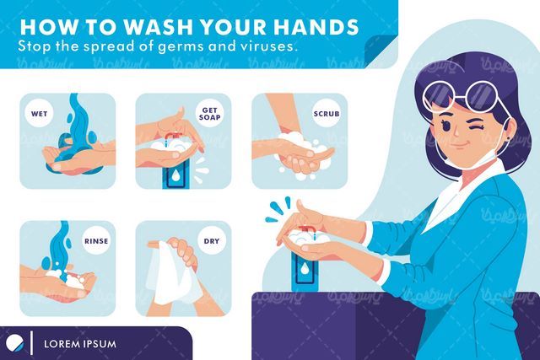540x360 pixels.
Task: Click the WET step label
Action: [x=39, y=114]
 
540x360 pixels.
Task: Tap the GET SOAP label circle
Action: [x=210, y=113]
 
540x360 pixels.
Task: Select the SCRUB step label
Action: [x=327, y=114]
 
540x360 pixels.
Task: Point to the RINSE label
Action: [x=96, y=241]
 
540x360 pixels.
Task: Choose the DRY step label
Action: [x=212, y=241]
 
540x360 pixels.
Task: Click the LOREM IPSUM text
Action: [x=80, y=344]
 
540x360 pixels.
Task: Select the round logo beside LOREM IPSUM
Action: [x=15, y=342]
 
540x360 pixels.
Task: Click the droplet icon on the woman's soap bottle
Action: [x=304, y=269]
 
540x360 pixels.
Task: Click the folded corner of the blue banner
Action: [x=381, y=51]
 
